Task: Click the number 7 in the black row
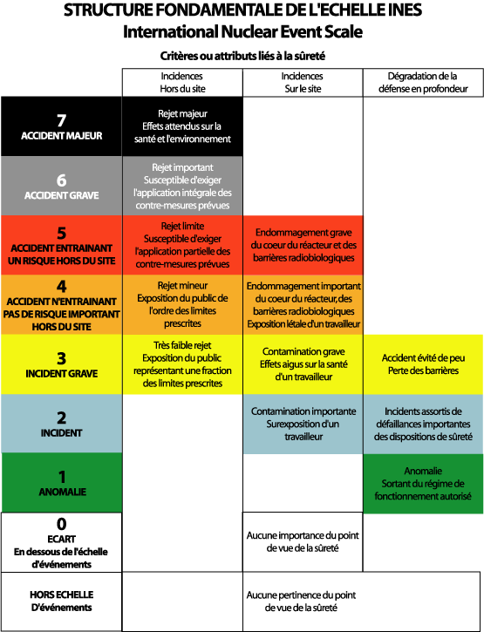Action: pos(61,120)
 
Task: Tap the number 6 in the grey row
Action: pos(61,180)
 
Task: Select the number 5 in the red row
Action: pos(61,233)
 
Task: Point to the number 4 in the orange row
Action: pos(61,286)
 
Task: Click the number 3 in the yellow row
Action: pos(61,358)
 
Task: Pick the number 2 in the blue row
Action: pos(61,418)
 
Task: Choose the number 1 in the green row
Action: pos(62,477)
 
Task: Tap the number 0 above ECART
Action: pos(61,524)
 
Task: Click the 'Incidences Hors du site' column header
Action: pos(182,83)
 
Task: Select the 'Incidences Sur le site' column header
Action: pos(303,83)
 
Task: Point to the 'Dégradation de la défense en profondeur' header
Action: pos(423,83)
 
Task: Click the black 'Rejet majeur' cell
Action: pos(182,126)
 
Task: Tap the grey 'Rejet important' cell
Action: pos(182,186)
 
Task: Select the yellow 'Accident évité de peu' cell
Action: pos(423,364)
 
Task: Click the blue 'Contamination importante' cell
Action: pos(303,424)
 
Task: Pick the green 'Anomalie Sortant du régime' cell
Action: pos(423,484)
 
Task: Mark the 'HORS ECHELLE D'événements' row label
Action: pos(61,601)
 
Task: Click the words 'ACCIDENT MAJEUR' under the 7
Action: pos(61,136)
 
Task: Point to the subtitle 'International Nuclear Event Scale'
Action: pos(242,32)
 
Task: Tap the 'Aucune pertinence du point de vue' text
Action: pos(301,601)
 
